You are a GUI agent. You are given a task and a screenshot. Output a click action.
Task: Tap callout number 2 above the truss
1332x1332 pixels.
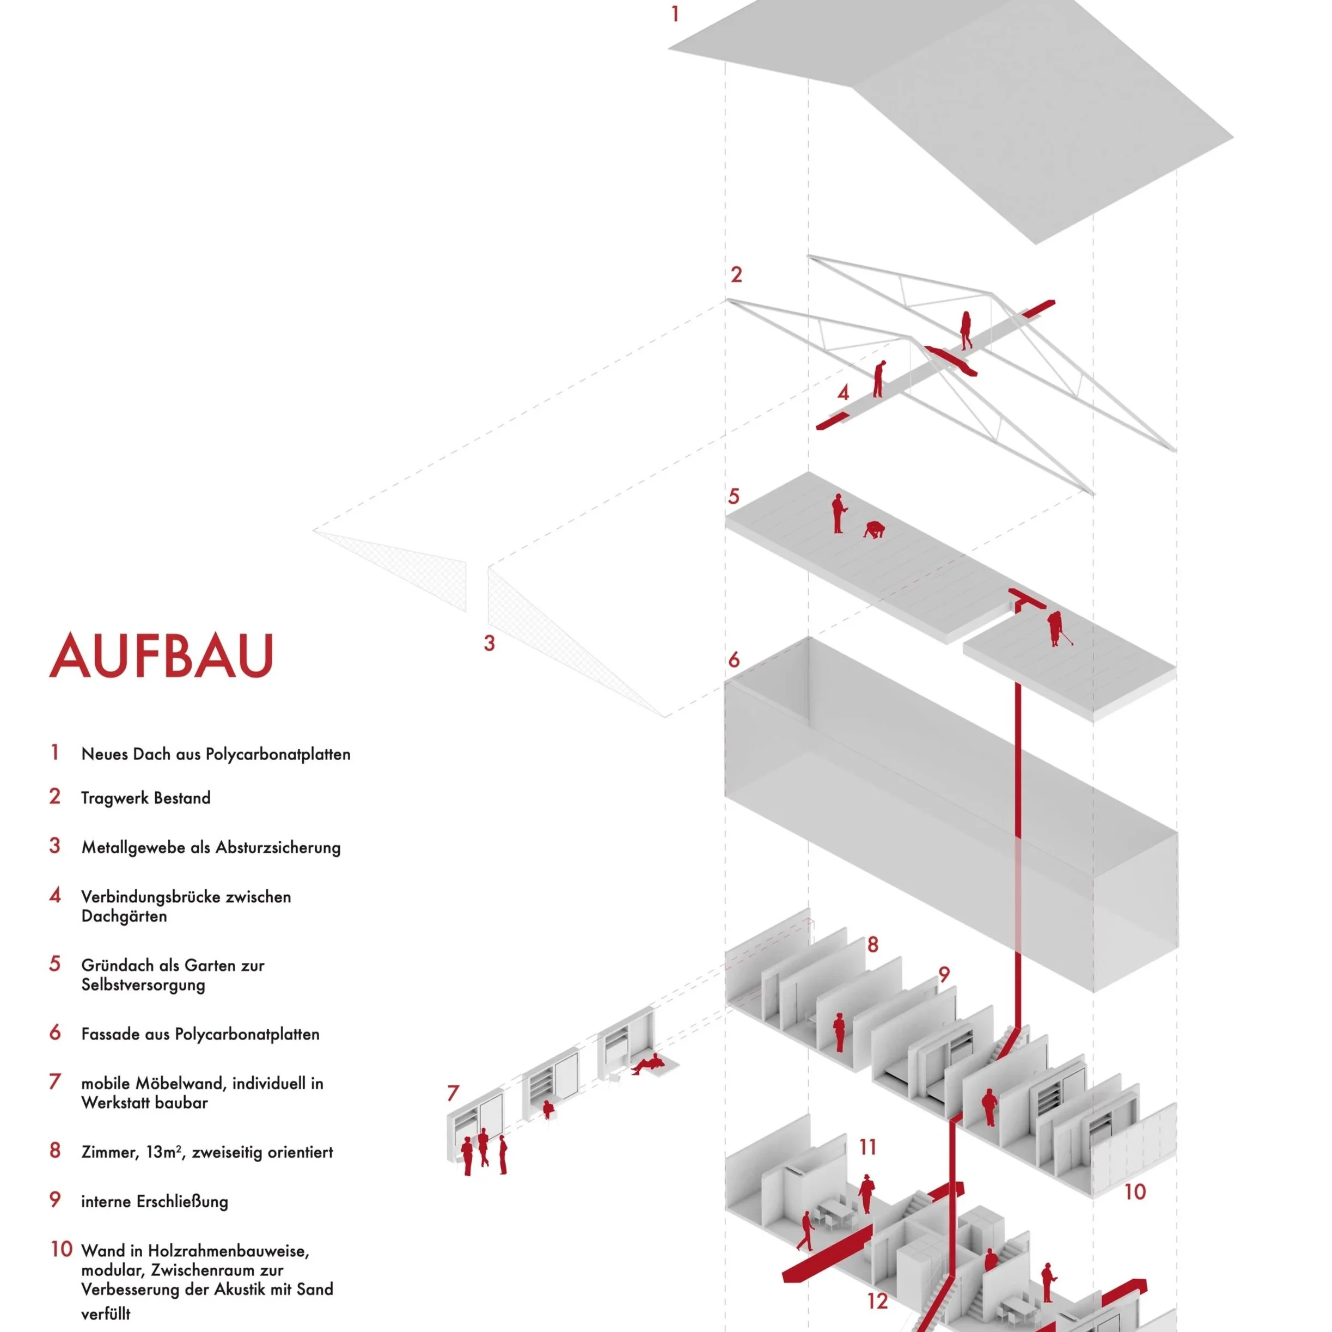[736, 275]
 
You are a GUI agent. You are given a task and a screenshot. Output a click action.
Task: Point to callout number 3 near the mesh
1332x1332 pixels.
[489, 643]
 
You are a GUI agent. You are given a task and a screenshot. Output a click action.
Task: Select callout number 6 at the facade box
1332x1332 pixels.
[734, 660]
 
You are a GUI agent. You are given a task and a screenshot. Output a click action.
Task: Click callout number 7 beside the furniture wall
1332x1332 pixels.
[453, 1093]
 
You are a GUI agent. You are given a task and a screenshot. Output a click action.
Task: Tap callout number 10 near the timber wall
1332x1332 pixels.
[1135, 1192]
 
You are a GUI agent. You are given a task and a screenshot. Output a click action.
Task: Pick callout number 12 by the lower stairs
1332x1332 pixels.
[877, 1302]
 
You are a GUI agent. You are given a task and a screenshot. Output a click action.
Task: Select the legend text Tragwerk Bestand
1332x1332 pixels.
[145, 798]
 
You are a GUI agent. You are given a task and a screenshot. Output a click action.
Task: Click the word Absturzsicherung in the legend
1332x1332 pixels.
[278, 848]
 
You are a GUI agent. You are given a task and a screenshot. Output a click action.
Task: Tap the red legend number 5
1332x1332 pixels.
[55, 964]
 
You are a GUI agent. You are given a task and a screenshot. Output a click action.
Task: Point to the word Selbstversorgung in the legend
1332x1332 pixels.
[143, 985]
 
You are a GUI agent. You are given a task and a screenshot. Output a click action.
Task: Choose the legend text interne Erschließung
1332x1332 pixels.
[155, 1202]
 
